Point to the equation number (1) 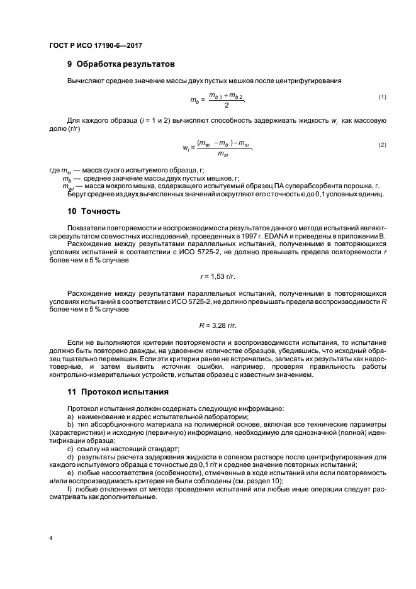[381, 96]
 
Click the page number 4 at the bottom [51, 539]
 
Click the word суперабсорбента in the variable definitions [297, 186]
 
